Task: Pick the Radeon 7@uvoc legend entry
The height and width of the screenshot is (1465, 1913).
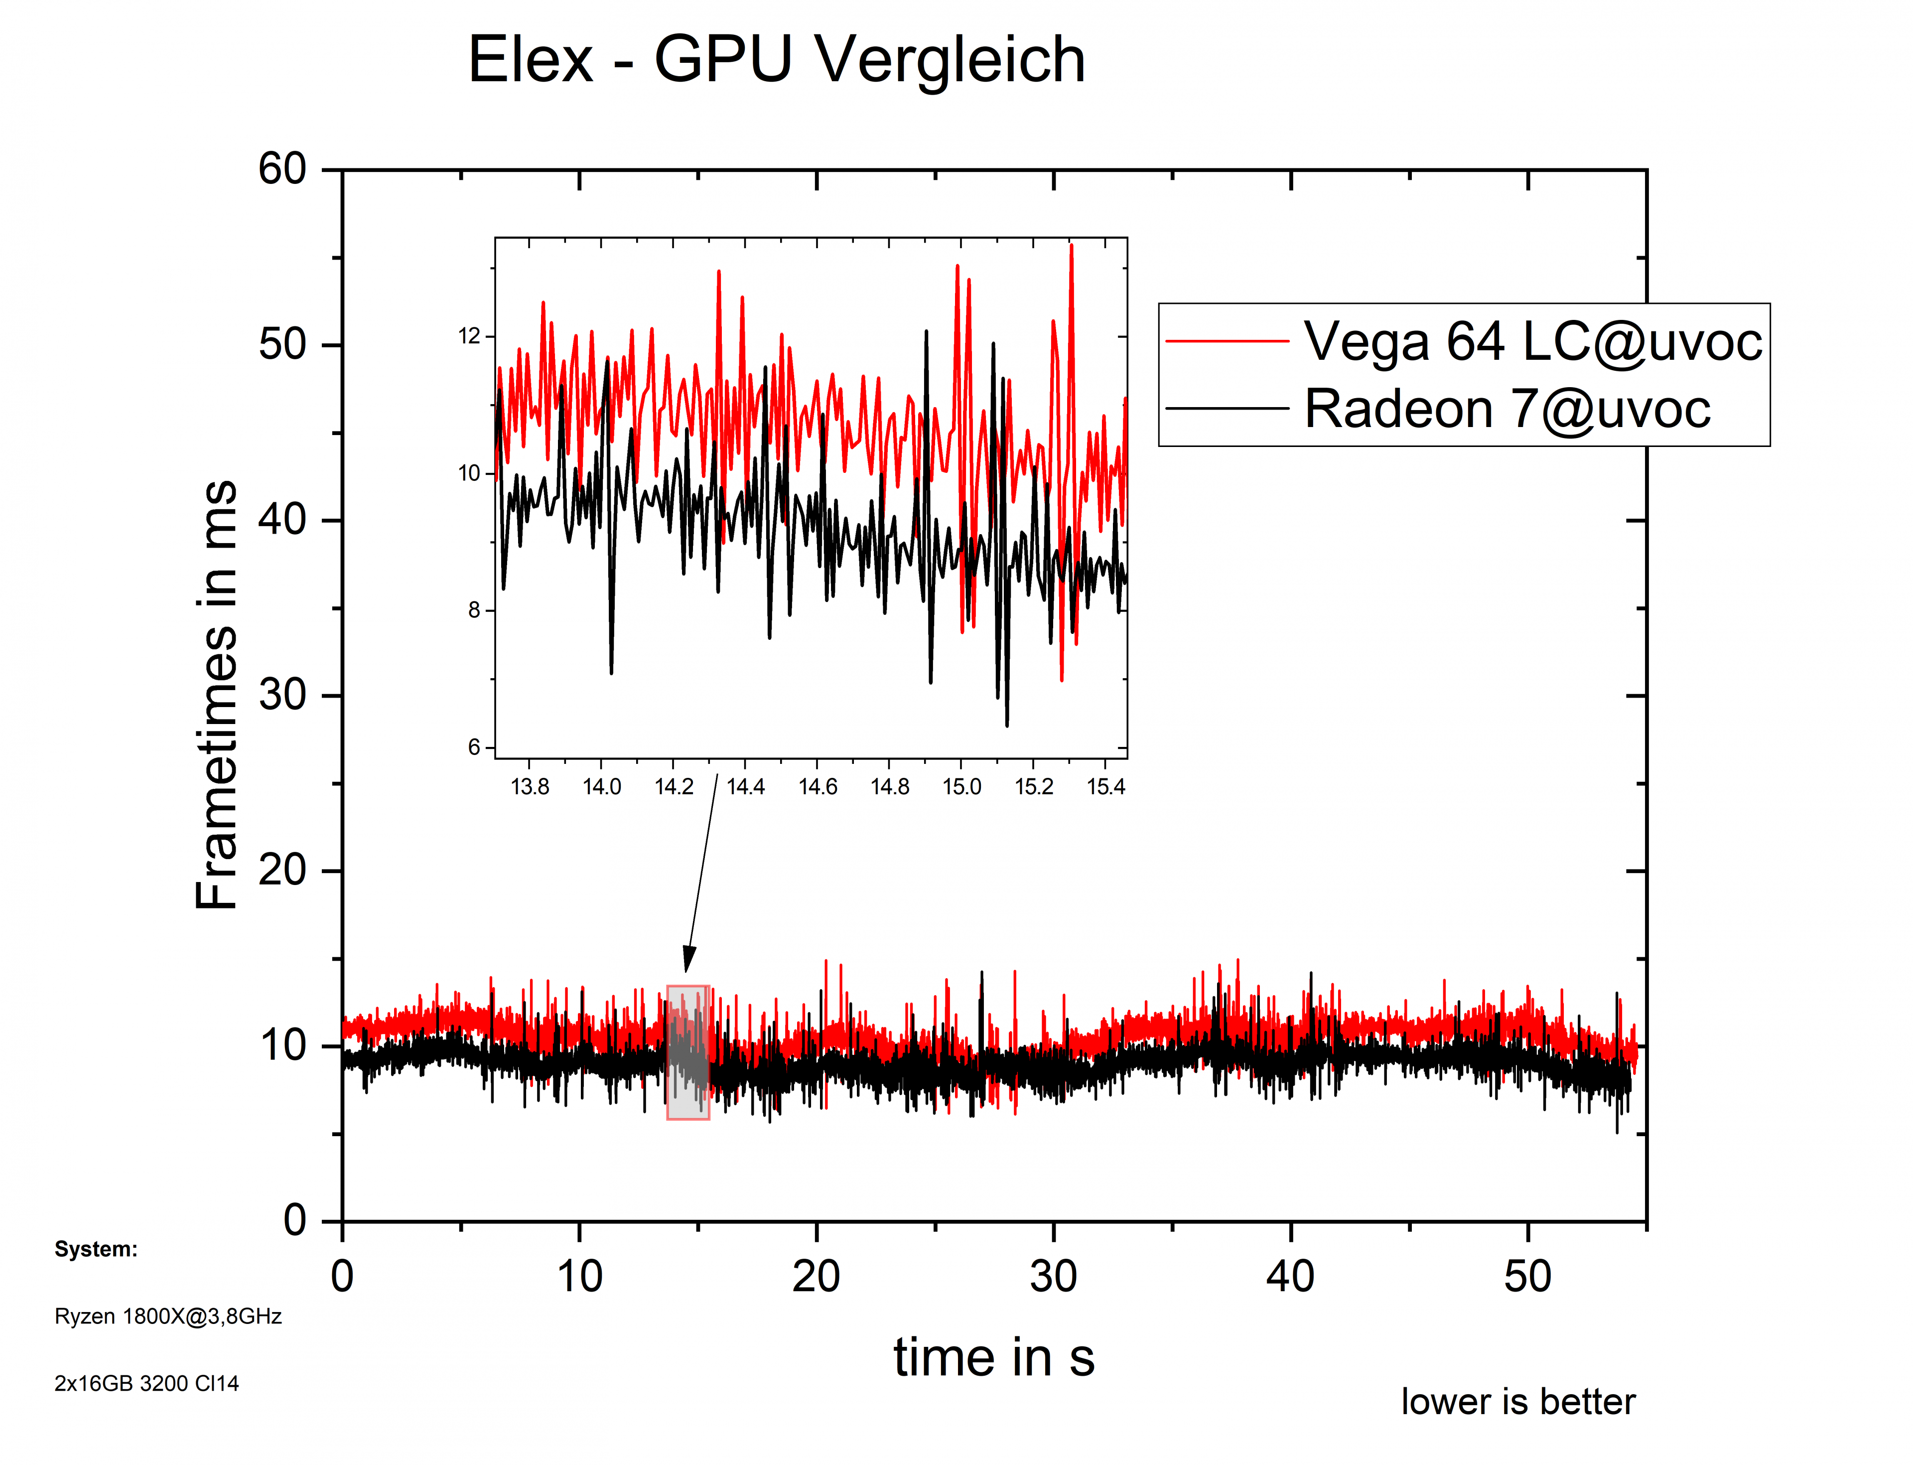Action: tap(1506, 409)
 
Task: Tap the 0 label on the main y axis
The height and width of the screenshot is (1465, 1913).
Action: tap(295, 1220)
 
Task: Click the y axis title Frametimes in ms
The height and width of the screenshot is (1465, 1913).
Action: tap(216, 695)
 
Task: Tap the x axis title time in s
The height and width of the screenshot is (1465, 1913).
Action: tap(993, 1358)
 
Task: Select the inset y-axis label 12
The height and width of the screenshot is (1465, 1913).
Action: tap(469, 337)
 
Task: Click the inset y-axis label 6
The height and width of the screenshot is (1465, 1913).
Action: tap(474, 747)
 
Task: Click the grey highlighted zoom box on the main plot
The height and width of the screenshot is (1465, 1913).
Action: tap(688, 1052)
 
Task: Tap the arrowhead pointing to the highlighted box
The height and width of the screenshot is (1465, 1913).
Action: tap(689, 959)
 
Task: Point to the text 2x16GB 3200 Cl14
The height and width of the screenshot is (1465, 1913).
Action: tap(146, 1384)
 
